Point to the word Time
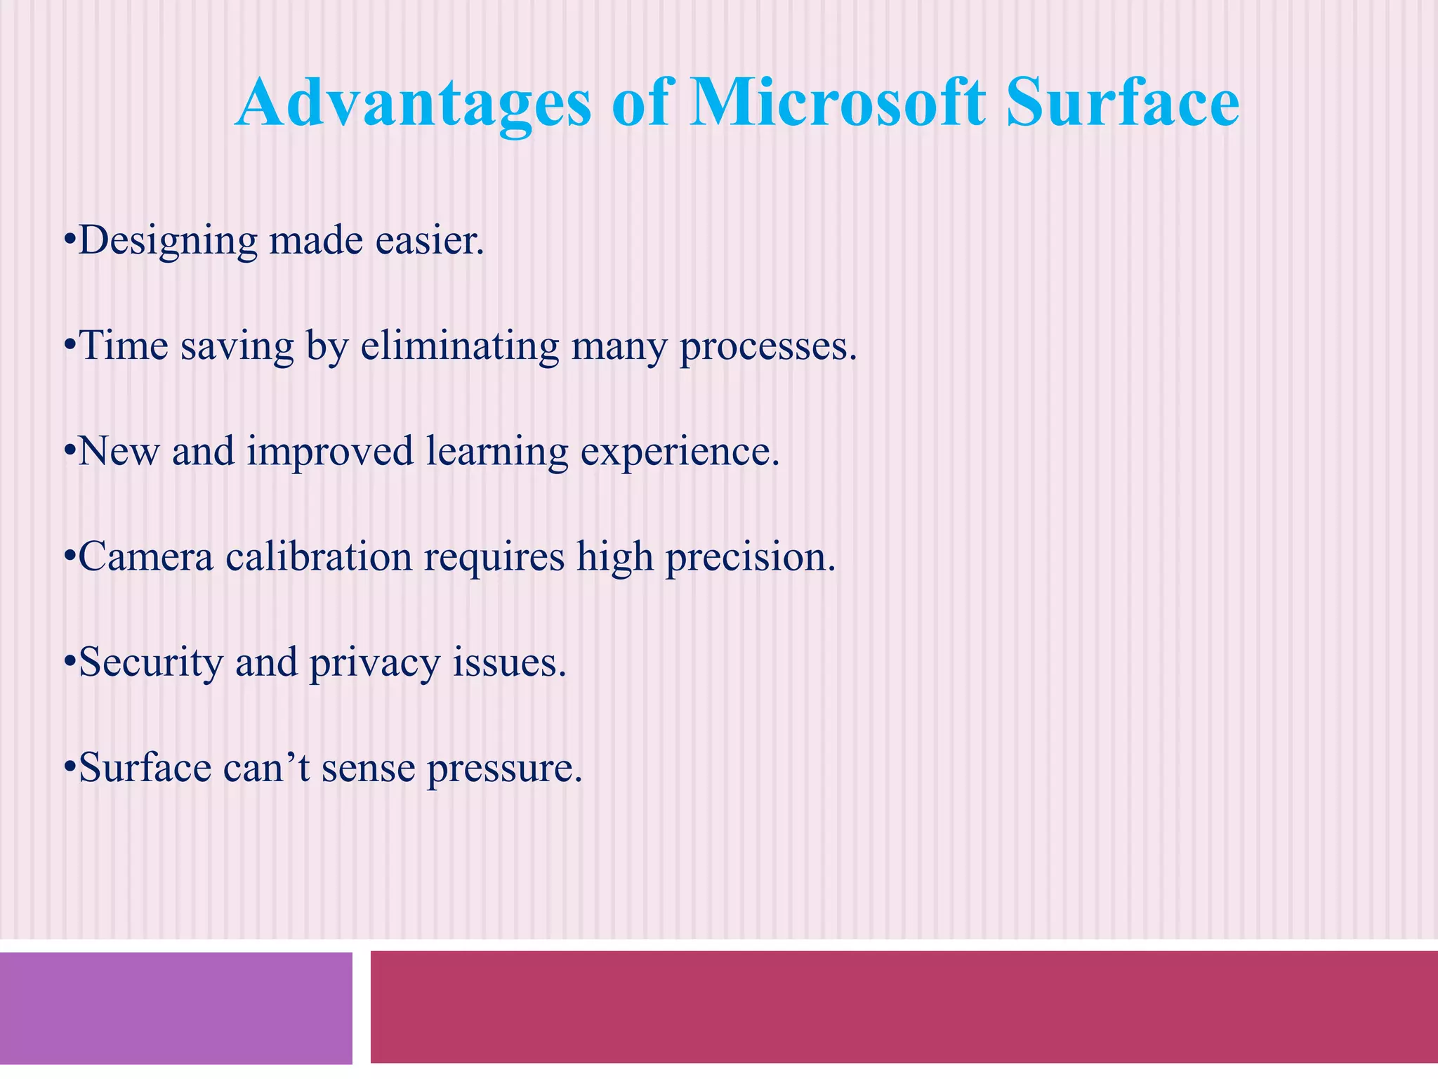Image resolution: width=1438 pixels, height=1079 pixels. (124, 346)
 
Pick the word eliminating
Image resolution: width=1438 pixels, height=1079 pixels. (459, 346)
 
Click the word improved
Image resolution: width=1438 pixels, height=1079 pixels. (330, 452)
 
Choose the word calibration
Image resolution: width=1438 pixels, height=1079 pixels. (319, 557)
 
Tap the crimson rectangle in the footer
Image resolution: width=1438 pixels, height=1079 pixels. (903, 1007)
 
